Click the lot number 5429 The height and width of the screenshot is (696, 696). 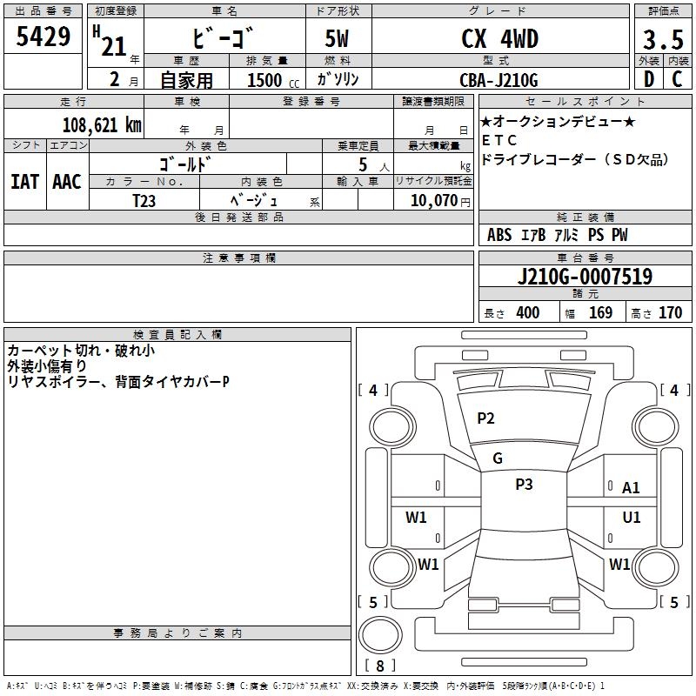coord(43,37)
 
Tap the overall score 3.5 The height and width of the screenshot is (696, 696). coord(661,40)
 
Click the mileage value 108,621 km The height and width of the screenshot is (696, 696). coord(102,125)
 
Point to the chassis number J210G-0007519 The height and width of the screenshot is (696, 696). coord(584,278)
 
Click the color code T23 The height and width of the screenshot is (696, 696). coord(144,200)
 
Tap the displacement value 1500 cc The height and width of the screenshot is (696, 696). coord(265,80)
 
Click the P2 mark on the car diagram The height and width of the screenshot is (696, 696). coord(485,418)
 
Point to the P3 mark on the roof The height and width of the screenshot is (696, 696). coord(524,485)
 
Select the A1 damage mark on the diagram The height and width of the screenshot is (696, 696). coord(631,488)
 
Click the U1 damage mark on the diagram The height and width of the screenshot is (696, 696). coord(631,518)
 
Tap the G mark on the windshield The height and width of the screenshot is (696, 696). coord(498,458)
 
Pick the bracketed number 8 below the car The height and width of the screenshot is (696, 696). coord(380,666)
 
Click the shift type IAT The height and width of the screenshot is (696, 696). coord(24,182)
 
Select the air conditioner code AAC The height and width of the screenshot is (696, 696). coord(66,182)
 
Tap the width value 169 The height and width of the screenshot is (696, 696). coord(600,313)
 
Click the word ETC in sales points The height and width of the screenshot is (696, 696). coord(499,140)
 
